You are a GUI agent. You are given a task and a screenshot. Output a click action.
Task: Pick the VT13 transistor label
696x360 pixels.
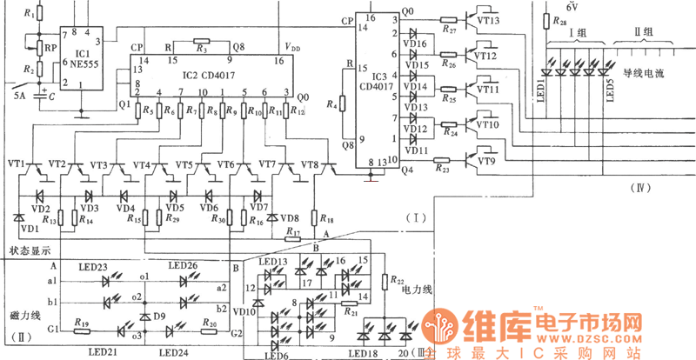[x=487, y=20]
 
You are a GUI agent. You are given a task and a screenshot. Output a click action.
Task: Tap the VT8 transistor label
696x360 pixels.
[x=310, y=164]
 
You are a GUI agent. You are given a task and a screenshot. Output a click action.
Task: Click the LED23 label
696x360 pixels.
[x=93, y=266]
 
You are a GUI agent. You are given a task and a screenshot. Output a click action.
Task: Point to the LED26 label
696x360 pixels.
[x=183, y=265]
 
